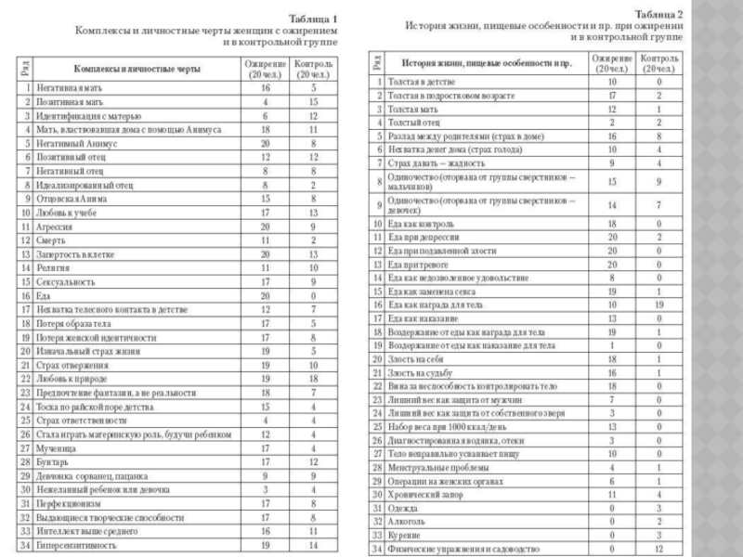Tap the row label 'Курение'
coord(406,535)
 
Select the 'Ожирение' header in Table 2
coord(609,63)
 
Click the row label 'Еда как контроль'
coord(424,224)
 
